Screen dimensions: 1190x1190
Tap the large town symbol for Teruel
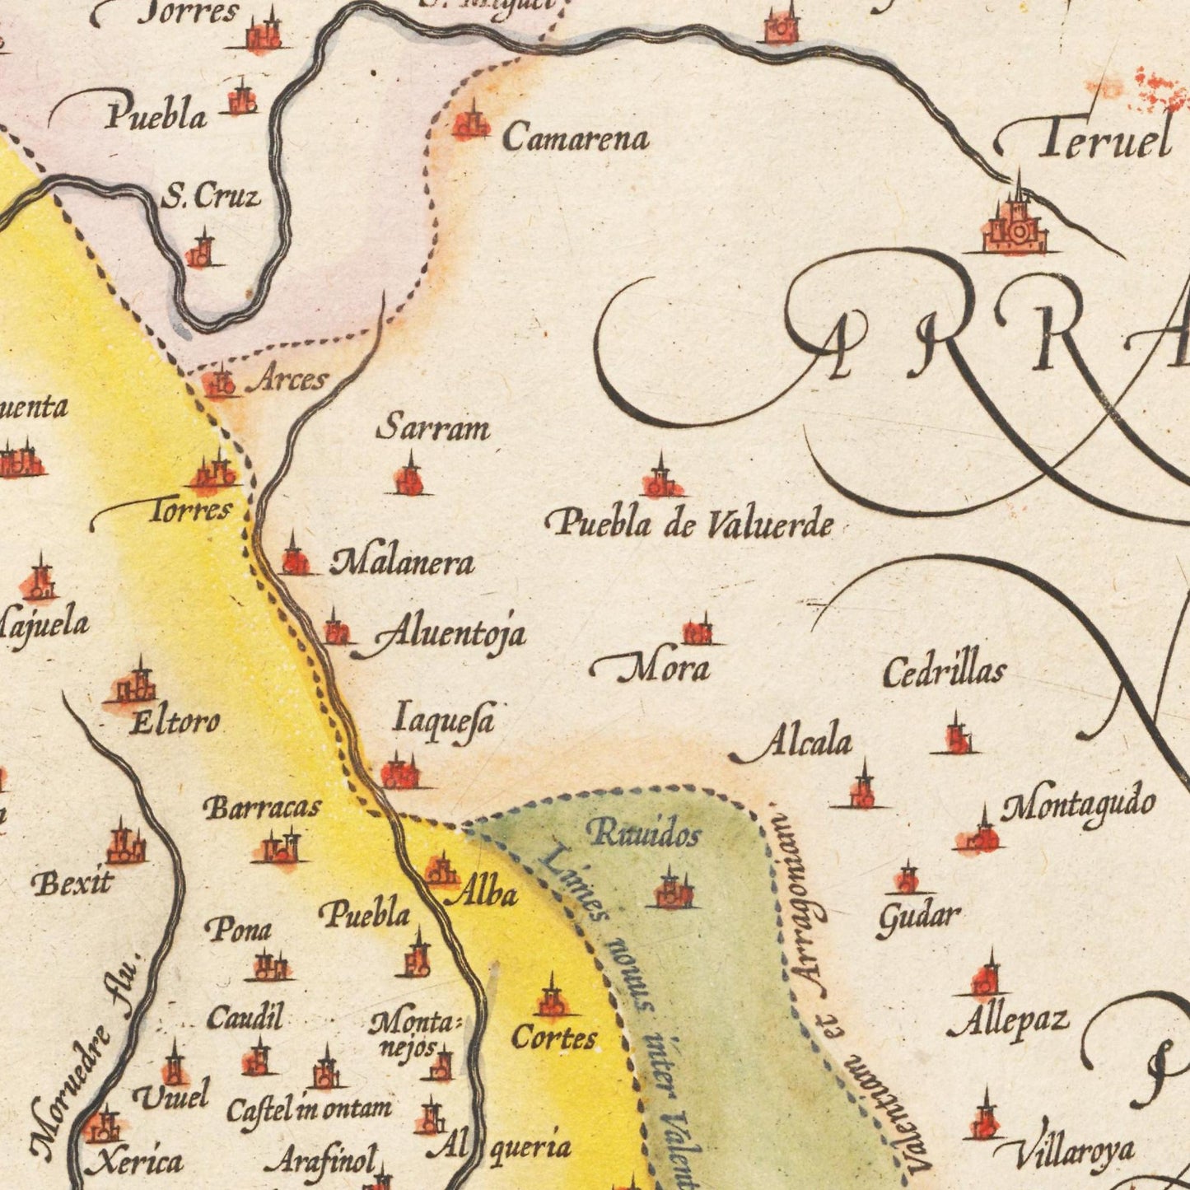tap(1016, 226)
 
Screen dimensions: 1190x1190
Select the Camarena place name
tap(575, 138)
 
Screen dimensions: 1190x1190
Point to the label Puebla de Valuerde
tap(690, 524)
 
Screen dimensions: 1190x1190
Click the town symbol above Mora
tap(698, 632)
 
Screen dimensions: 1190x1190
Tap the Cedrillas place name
tap(944, 671)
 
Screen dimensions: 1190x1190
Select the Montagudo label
tap(1077, 805)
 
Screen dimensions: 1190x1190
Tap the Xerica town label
tap(135, 1161)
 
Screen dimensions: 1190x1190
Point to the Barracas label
tap(262, 808)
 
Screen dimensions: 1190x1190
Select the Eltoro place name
tap(175, 722)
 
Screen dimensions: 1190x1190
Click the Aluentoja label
tap(449, 635)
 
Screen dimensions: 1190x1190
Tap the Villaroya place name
tap(1073, 1153)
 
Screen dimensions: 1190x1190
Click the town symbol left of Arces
tap(220, 383)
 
